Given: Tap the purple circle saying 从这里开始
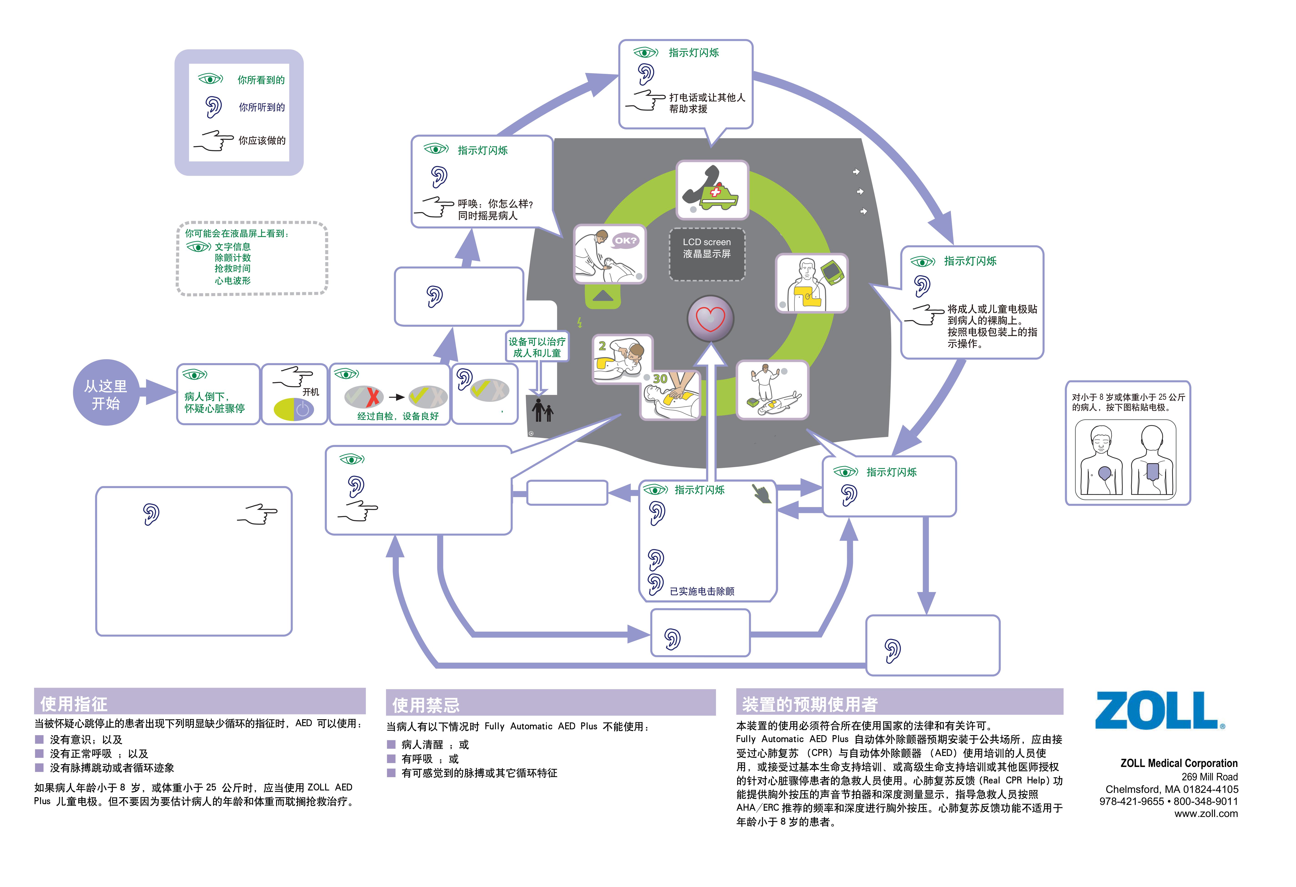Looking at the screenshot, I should tap(106, 394).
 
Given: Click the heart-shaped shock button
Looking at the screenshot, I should tap(710, 319).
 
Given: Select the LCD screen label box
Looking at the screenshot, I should tap(707, 254).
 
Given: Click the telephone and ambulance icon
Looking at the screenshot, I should tap(712, 190).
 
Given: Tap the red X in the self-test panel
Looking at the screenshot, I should tap(372, 396).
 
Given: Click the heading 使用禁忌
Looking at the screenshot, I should tap(426, 705).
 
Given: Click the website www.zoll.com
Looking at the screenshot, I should tap(1206, 813).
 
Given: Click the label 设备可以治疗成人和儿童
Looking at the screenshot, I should tap(536, 347).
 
